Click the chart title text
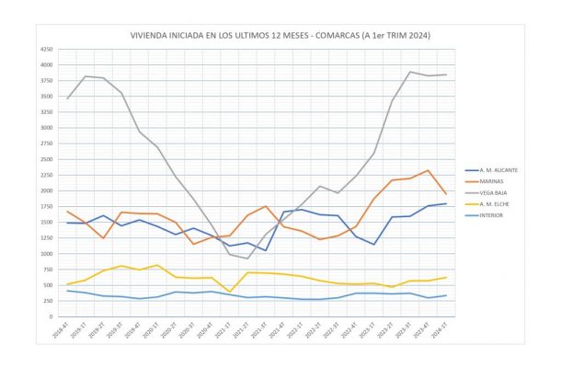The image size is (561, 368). (x=280, y=35)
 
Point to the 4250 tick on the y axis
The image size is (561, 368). (x=46, y=49)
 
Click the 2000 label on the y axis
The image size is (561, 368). (x=46, y=190)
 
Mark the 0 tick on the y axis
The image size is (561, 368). (x=51, y=316)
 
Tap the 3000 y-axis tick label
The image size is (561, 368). (x=46, y=128)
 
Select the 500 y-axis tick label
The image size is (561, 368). (x=48, y=285)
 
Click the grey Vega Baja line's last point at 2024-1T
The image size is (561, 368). (x=447, y=75)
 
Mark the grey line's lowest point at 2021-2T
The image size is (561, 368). (x=247, y=259)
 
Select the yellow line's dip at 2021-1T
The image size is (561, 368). (x=230, y=292)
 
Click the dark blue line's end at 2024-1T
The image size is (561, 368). (x=447, y=203)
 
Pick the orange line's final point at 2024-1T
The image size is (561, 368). (x=447, y=193)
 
